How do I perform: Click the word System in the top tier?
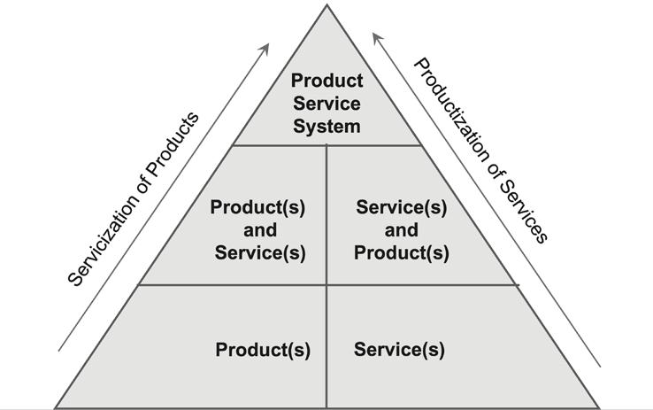(x=326, y=126)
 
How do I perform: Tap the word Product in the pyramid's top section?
(x=326, y=82)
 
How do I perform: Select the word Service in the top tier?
(x=326, y=104)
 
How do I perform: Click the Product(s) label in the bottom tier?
(x=263, y=350)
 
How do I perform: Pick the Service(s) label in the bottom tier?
(x=399, y=350)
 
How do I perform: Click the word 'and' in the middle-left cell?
(x=257, y=230)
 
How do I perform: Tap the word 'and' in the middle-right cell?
(x=401, y=230)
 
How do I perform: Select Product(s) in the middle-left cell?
(x=257, y=207)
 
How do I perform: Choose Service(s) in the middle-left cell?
(x=261, y=252)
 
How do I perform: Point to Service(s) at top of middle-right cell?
(x=401, y=207)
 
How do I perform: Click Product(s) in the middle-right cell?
(x=401, y=252)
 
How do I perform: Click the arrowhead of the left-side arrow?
(x=266, y=45)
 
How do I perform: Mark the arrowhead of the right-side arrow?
(x=375, y=36)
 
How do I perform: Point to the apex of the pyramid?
(x=326, y=6)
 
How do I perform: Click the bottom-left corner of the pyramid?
(x=56, y=406)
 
